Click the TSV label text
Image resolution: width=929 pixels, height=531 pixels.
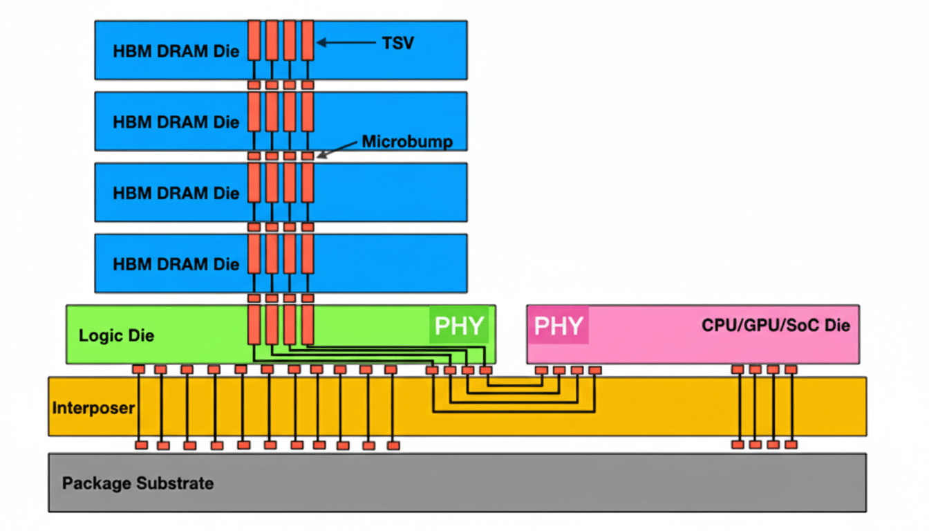pos(397,43)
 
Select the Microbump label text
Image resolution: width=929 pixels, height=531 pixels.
pos(407,142)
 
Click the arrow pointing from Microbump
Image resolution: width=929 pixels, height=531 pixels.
pos(339,149)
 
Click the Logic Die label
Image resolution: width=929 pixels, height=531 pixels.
pos(116,336)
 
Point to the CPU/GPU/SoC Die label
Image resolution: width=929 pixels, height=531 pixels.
pos(776,326)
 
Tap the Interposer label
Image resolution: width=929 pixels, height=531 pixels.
pos(93,408)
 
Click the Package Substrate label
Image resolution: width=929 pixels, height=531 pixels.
pos(138,483)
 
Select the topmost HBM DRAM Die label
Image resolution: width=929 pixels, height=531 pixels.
pos(176,50)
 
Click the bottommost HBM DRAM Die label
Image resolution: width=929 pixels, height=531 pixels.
pos(176,264)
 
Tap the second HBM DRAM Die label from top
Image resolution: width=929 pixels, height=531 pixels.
pos(176,122)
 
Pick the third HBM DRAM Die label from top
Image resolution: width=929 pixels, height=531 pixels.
pos(176,193)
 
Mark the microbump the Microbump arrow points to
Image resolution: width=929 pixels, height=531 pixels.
pos(308,156)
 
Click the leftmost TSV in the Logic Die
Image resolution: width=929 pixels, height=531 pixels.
pos(254,325)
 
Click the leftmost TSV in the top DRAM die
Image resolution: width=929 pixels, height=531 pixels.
pos(254,40)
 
